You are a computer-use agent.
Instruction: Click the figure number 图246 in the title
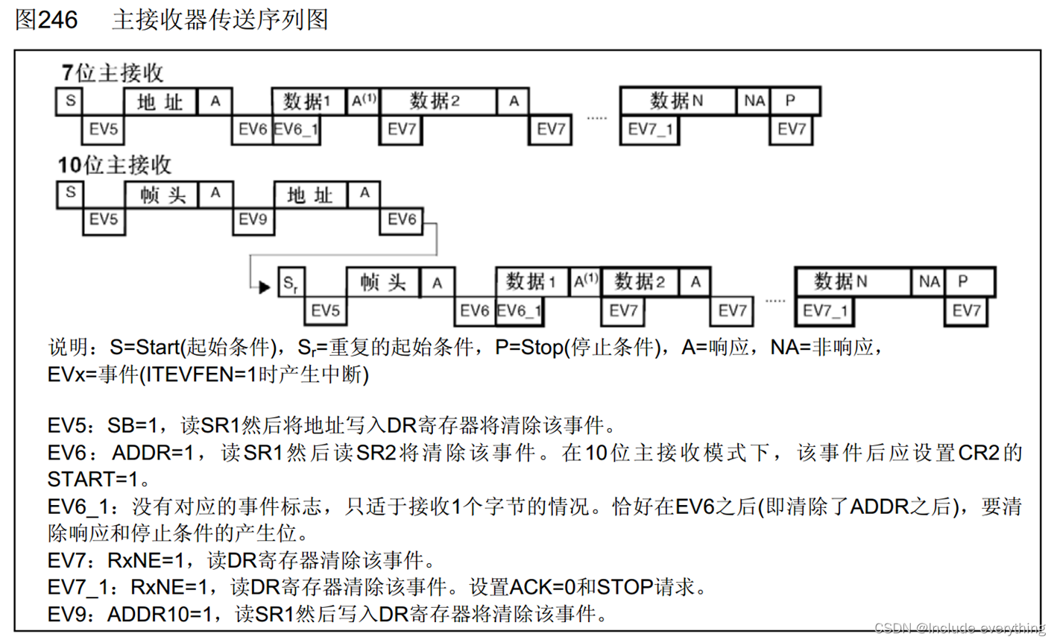pyautogui.click(x=46, y=19)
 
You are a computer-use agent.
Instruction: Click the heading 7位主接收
pyautogui.click(x=113, y=73)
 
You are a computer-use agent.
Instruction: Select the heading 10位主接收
pyautogui.click(x=115, y=165)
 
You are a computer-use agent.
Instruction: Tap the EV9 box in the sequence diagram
pyautogui.click(x=253, y=219)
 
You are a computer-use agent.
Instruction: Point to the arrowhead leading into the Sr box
pyautogui.click(x=264, y=286)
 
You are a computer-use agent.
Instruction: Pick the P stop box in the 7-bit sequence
pyautogui.click(x=793, y=101)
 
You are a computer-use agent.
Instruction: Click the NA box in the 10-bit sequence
pyautogui.click(x=929, y=282)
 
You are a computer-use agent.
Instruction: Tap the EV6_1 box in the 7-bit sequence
pyautogui.click(x=296, y=130)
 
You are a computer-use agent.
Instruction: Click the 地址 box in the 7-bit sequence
pyautogui.click(x=160, y=101)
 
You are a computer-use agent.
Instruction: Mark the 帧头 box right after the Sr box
pyautogui.click(x=382, y=283)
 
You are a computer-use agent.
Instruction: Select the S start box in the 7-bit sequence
pyautogui.click(x=70, y=101)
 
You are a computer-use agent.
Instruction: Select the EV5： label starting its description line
pyautogui.click(x=75, y=426)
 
